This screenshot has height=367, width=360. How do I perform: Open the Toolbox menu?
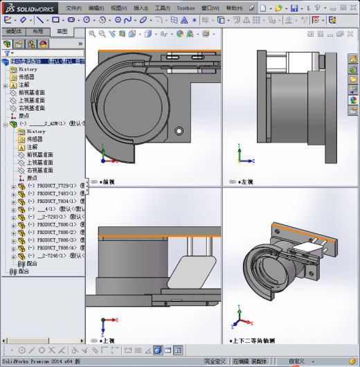(186, 8)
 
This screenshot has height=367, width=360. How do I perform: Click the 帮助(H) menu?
(235, 8)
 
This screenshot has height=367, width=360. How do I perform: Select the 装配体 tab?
(13, 32)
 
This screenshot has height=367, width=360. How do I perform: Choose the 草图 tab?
(62, 32)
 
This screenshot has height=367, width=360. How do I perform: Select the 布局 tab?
(37, 32)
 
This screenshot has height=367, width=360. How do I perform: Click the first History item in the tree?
(28, 69)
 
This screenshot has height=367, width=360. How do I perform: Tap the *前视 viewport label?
(107, 182)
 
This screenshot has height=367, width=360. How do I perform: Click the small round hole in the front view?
(179, 129)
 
